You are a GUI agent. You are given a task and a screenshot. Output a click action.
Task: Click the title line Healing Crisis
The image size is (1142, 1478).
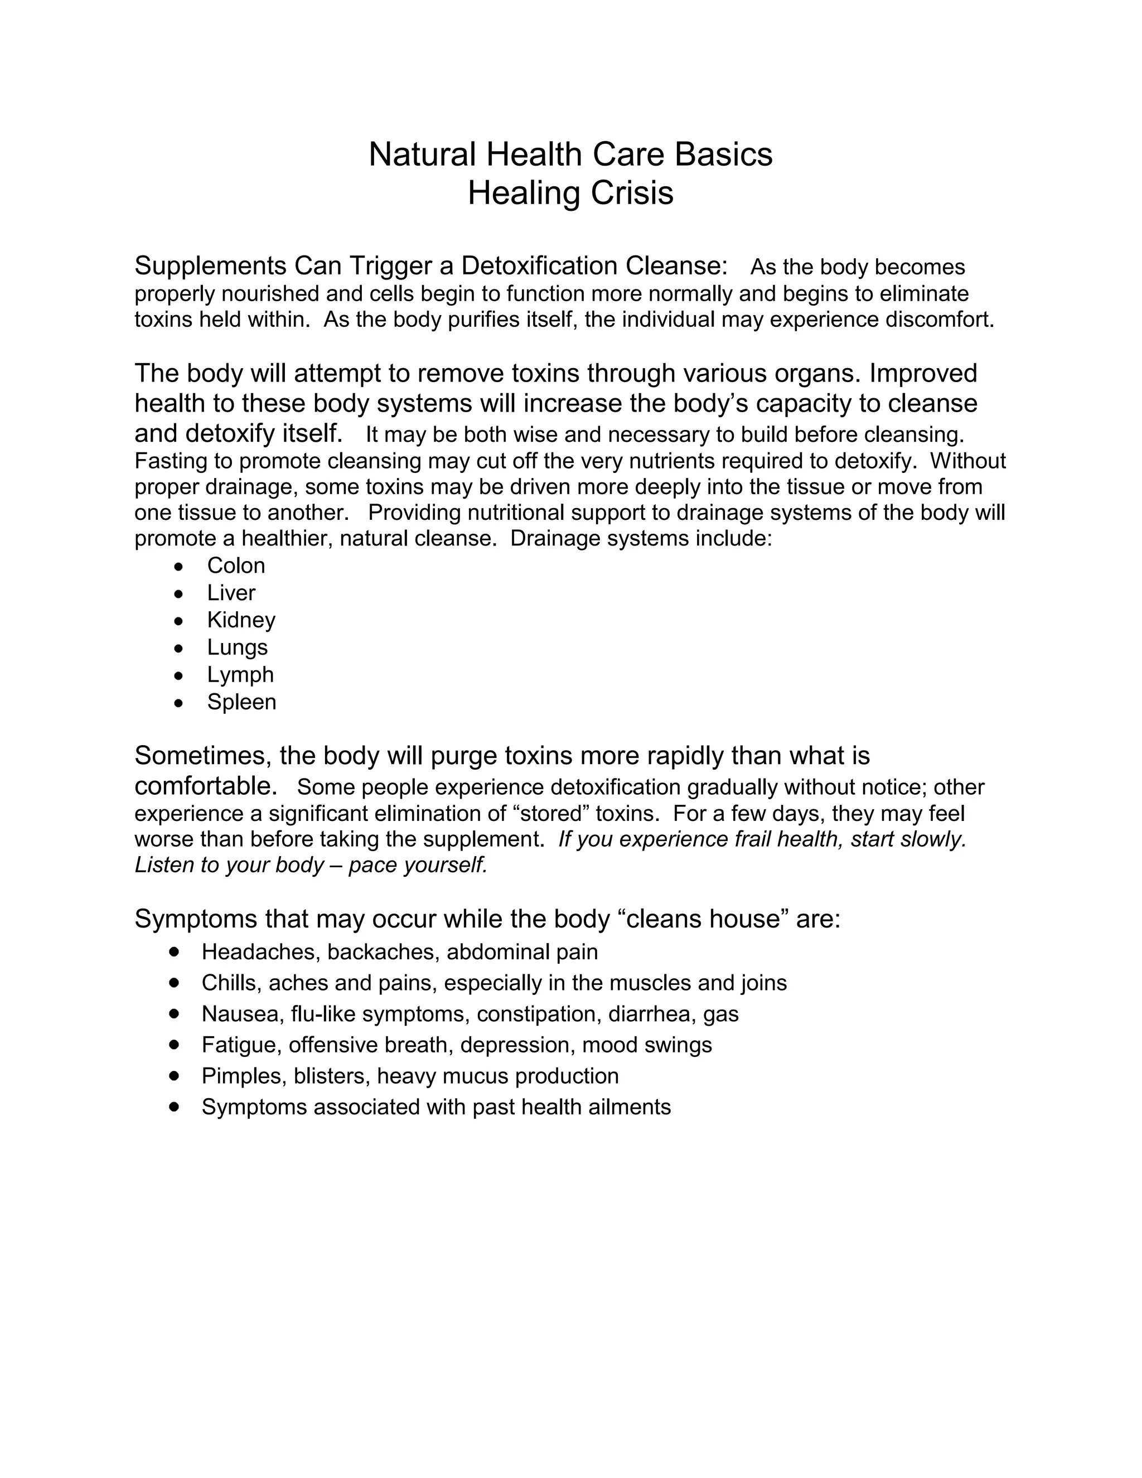(570, 193)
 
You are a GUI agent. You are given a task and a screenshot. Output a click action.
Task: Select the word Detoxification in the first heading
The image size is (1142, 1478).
(539, 266)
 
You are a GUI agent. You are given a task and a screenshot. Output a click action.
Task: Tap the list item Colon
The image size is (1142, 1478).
(236, 565)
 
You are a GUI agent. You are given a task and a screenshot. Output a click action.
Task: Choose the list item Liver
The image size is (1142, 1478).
(231, 593)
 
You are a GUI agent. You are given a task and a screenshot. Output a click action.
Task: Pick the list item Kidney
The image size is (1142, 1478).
(241, 620)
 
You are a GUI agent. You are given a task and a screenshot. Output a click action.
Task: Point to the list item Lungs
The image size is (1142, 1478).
(237, 648)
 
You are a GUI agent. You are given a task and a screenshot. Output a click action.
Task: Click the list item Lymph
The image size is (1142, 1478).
(240, 675)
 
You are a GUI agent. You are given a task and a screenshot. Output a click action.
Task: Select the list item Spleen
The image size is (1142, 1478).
(241, 702)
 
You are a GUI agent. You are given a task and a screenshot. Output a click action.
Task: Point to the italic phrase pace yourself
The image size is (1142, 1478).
(418, 865)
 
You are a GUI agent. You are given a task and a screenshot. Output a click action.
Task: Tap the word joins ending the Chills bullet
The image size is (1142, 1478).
(762, 983)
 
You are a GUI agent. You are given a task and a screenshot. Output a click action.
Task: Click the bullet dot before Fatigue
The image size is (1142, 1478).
(175, 1044)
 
